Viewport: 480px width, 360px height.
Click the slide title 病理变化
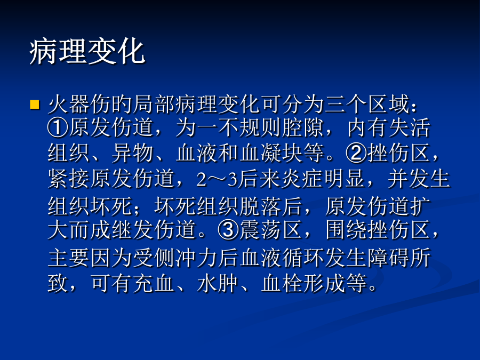tap(87, 52)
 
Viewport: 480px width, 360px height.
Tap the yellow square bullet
tap(35, 104)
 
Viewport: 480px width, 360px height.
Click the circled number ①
tap(58, 127)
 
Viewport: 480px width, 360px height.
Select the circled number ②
tap(356, 153)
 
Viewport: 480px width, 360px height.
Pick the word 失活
tap(410, 127)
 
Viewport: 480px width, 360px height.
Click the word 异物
tap(133, 153)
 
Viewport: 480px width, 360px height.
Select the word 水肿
tap(218, 282)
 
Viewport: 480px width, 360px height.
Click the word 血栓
tap(282, 282)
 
